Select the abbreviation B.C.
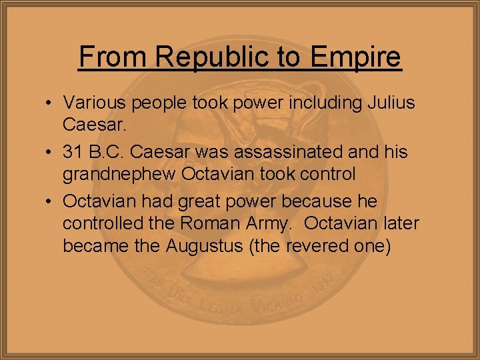(x=105, y=152)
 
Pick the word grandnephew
(x=119, y=175)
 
